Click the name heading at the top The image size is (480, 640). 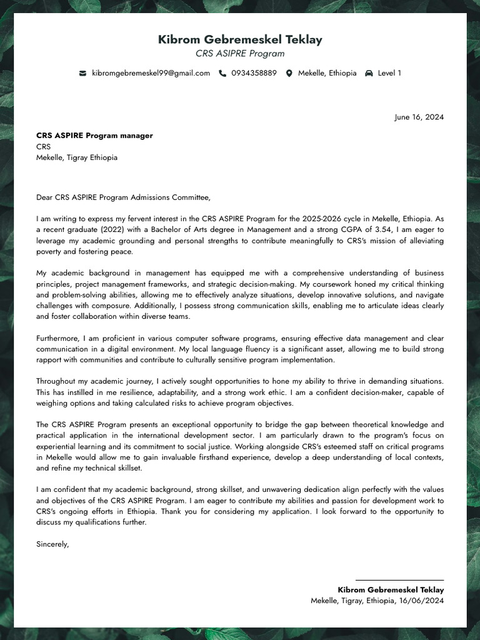[240, 40]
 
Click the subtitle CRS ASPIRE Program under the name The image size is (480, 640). [240, 54]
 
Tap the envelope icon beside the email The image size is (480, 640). [82, 73]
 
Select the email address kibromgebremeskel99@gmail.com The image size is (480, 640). [151, 73]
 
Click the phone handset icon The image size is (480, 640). [222, 73]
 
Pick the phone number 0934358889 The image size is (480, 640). [254, 73]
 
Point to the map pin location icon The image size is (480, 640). [289, 73]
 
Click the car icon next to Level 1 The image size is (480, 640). [369, 73]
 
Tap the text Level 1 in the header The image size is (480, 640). [389, 73]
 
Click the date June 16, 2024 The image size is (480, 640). [419, 117]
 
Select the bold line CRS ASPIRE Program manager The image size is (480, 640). [94, 136]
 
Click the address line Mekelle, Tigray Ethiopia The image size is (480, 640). [77, 157]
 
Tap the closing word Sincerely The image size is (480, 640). [52, 544]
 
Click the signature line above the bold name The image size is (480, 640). [399, 581]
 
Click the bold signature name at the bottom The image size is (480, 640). [391, 590]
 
